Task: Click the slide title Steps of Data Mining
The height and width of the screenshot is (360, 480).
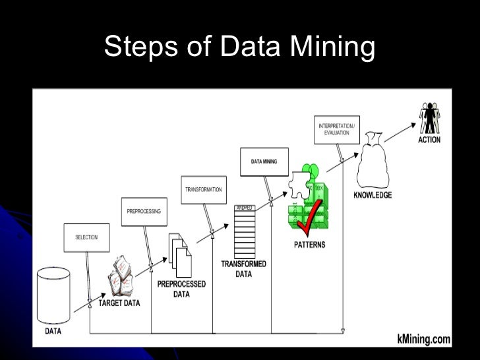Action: [x=239, y=47]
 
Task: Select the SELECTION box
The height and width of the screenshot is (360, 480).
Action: [x=86, y=237]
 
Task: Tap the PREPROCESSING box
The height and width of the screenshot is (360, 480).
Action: [x=144, y=211]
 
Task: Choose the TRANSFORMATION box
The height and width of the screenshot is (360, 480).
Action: [x=203, y=189]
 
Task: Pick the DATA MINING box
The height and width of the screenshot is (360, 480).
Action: [x=263, y=161]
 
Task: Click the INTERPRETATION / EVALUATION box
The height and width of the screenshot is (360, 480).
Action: [x=338, y=129]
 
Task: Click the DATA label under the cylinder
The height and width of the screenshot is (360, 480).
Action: [x=54, y=331]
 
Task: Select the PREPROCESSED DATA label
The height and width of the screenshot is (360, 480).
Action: [x=181, y=289]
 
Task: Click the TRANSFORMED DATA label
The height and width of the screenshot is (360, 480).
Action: [x=243, y=268]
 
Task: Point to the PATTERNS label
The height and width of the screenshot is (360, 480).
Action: [x=309, y=245]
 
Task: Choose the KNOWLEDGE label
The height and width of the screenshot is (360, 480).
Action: [x=373, y=195]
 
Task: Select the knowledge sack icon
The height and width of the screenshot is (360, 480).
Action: [x=373, y=165]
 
